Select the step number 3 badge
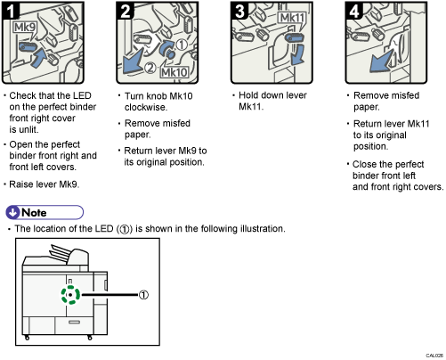point(239,12)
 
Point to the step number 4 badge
point(352,12)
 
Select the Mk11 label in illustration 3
point(290,19)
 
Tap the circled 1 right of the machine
point(144,295)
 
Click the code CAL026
point(431,354)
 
